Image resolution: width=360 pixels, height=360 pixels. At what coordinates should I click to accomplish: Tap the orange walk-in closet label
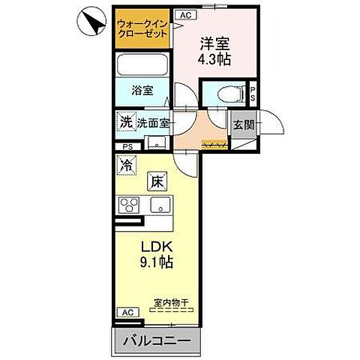[142, 28]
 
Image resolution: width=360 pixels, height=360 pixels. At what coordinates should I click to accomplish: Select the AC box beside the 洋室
[184, 14]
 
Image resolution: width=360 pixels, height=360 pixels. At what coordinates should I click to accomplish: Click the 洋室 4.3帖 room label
[213, 50]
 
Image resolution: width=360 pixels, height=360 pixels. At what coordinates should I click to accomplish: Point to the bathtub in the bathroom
[145, 64]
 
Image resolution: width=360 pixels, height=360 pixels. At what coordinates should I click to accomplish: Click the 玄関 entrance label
[243, 124]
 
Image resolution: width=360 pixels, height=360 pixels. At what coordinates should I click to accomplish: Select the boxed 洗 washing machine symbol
[124, 119]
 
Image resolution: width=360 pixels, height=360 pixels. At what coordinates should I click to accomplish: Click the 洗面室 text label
[153, 121]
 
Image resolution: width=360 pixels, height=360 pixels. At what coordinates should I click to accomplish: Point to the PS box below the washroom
[127, 147]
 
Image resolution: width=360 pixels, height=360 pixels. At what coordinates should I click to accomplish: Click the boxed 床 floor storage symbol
[157, 180]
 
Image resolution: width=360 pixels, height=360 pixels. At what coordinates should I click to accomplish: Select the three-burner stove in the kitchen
[128, 205]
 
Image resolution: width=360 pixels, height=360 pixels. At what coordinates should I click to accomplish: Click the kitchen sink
[160, 205]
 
